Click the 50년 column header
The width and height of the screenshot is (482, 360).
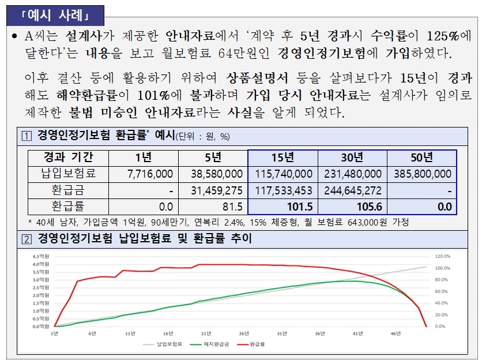click(x=421, y=157)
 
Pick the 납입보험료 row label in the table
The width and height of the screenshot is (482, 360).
click(x=69, y=173)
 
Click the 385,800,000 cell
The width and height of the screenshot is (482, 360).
click(x=423, y=174)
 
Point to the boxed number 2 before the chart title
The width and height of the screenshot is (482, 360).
click(x=27, y=238)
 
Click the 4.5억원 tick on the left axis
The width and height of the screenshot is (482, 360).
click(x=41, y=256)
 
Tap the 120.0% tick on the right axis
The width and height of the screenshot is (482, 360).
click(x=441, y=256)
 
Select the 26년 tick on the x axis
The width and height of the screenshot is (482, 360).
click(x=243, y=333)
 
